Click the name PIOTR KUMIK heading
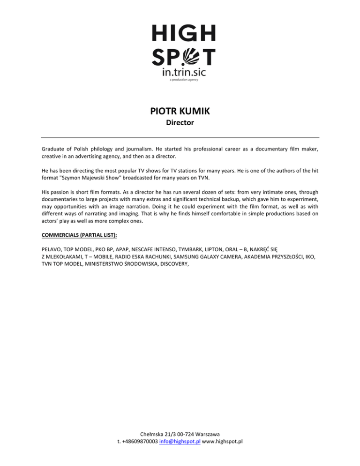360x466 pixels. [180, 113]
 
